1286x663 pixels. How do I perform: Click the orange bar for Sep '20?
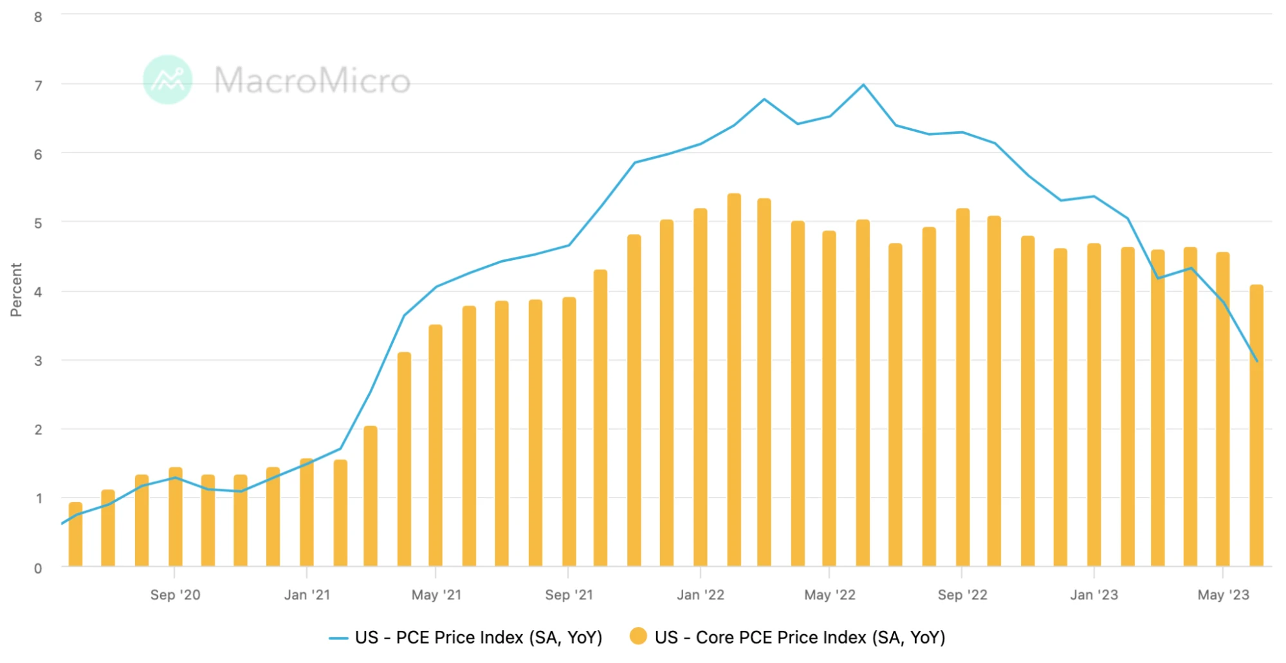(175, 518)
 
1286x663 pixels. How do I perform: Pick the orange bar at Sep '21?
(569, 433)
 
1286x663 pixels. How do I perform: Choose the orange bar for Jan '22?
(700, 388)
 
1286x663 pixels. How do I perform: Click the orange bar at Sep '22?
(962, 388)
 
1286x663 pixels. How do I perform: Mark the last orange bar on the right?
(1256, 426)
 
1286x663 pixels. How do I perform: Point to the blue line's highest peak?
(863, 85)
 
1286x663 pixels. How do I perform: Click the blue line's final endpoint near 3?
(1256, 360)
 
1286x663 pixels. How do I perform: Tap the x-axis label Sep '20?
(175, 595)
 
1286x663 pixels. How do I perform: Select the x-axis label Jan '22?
(700, 595)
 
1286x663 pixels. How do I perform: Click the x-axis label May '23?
(1223, 595)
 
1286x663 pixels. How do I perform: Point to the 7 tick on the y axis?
(39, 86)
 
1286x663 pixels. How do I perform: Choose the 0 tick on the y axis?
(39, 568)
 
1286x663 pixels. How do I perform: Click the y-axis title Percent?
(16, 290)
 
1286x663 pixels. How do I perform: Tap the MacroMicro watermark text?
(312, 80)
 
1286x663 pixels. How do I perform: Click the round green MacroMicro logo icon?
(167, 80)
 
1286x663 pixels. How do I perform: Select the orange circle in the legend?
(638, 637)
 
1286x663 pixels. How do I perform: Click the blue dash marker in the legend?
(338, 638)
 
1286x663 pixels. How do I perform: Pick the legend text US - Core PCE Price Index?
(800, 637)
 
